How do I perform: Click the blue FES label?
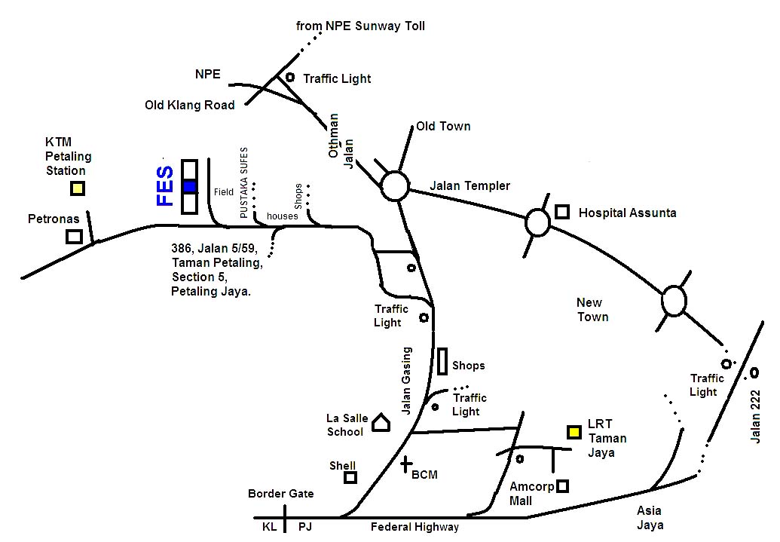[x=164, y=186]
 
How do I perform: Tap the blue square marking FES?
[x=189, y=187]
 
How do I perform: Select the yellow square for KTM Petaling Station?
[x=77, y=188]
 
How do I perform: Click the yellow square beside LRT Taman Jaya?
[x=574, y=432]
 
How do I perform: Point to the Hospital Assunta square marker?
[x=562, y=212]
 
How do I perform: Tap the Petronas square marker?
[x=74, y=237]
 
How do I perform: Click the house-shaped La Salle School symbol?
[x=381, y=423]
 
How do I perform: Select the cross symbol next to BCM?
[x=406, y=464]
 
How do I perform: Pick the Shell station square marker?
[x=350, y=477]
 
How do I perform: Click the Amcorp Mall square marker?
[x=562, y=485]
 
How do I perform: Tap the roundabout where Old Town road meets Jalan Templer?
[x=395, y=186]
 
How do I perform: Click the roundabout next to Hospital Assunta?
[x=538, y=222]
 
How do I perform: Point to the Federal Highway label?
[x=415, y=527]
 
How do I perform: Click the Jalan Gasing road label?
[x=407, y=381]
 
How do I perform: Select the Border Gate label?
[x=281, y=494]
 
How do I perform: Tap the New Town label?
[x=592, y=310]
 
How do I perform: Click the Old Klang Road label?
[x=189, y=105]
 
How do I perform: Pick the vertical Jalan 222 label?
[x=755, y=416]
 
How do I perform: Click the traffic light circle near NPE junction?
[x=290, y=77]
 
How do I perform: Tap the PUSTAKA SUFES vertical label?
[x=243, y=182]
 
